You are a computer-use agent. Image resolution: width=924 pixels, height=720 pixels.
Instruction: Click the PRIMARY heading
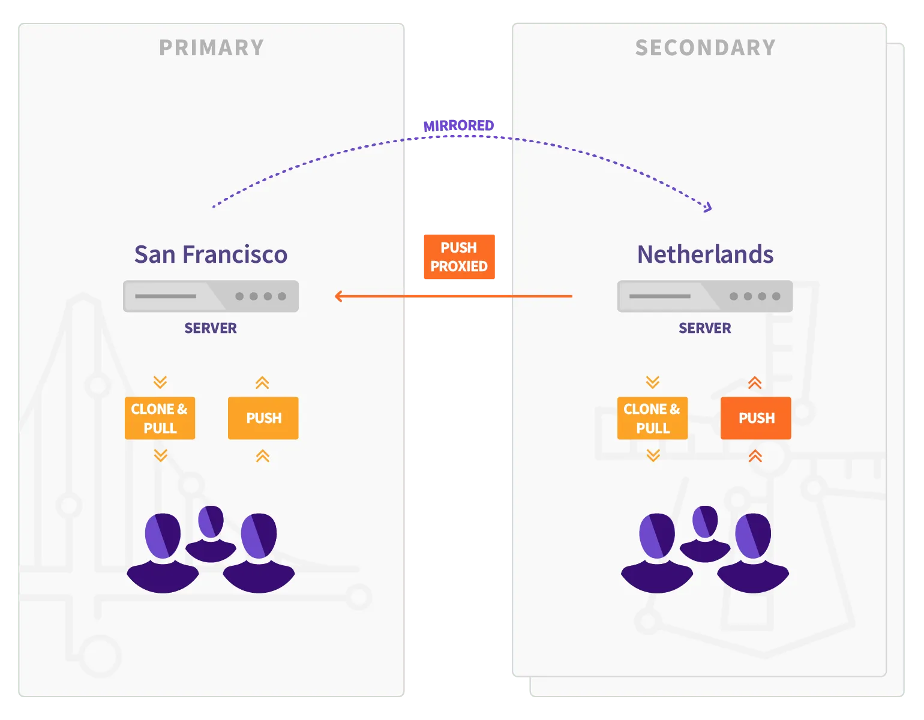(x=211, y=47)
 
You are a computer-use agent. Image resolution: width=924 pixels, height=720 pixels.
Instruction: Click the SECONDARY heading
(x=706, y=47)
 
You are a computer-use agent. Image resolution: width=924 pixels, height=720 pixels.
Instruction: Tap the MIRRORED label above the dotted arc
(x=458, y=126)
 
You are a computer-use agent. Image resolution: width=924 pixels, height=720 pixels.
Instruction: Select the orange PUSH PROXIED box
(x=459, y=257)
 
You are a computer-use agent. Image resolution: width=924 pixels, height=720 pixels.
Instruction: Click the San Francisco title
(x=211, y=254)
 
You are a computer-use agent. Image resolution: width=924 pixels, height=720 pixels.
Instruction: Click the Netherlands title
(x=705, y=254)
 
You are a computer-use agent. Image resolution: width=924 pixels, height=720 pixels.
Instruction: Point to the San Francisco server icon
(x=211, y=296)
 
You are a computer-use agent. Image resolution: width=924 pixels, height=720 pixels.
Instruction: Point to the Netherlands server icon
(x=705, y=296)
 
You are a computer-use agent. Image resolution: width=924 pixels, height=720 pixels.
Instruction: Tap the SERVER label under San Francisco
(x=211, y=328)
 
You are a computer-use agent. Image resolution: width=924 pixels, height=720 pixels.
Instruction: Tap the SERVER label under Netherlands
(x=704, y=328)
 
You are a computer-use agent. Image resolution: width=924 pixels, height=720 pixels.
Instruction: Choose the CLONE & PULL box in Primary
(x=160, y=418)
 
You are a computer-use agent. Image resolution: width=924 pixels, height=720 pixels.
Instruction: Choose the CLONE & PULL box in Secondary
(x=652, y=418)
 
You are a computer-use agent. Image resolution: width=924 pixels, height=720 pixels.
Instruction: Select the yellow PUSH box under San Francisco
(x=263, y=418)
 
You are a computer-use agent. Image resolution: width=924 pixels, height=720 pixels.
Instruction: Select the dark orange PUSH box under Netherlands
(x=756, y=418)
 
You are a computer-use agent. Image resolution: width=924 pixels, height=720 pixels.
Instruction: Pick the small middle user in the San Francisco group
(x=211, y=534)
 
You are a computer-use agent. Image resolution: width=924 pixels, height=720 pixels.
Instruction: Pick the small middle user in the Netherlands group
(x=705, y=534)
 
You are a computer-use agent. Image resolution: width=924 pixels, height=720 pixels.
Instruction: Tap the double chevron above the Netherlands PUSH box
(x=755, y=383)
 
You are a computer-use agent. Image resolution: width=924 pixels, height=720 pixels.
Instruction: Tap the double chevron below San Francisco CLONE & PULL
(x=161, y=455)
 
